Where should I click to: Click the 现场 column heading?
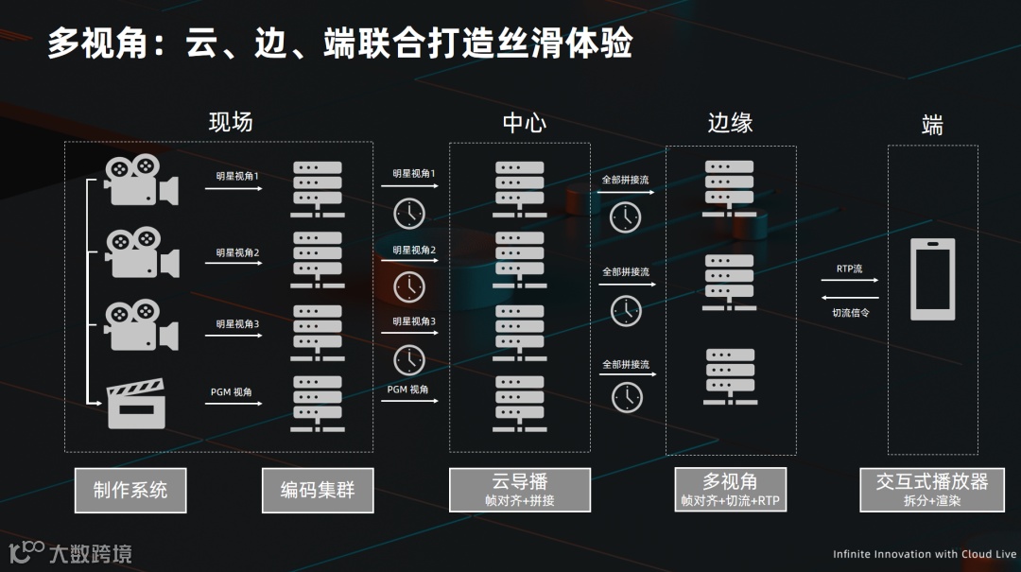coord(231,122)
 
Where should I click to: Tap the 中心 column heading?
coord(524,122)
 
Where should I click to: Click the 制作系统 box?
coord(130,490)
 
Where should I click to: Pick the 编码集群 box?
coord(317,490)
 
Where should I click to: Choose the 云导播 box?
coord(520,490)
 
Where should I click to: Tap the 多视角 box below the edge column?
coord(730,490)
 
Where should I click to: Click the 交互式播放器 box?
coord(931,490)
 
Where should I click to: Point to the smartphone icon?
coord(932,279)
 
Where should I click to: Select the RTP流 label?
coord(849,269)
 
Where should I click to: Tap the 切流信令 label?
coord(850,312)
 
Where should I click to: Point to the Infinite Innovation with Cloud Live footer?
coord(924,554)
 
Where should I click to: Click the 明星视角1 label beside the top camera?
coord(237,176)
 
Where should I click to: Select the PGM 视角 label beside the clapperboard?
coord(232,391)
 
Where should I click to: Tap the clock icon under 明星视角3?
coord(409,359)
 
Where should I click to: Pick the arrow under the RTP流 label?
coord(857,280)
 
